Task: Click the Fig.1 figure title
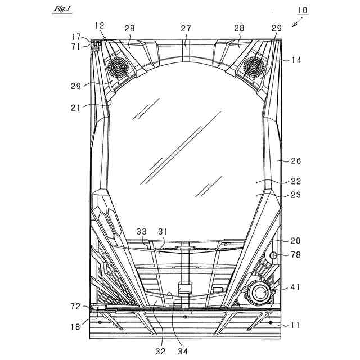coord(62,9)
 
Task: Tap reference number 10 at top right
coord(303,10)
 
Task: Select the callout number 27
coord(186,28)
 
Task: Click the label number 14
coord(296,60)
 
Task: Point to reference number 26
coord(296,161)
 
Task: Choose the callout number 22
coord(296,181)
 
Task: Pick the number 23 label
coord(296,195)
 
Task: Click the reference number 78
coord(295,255)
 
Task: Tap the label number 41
coord(295,287)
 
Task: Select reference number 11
coord(295,325)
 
